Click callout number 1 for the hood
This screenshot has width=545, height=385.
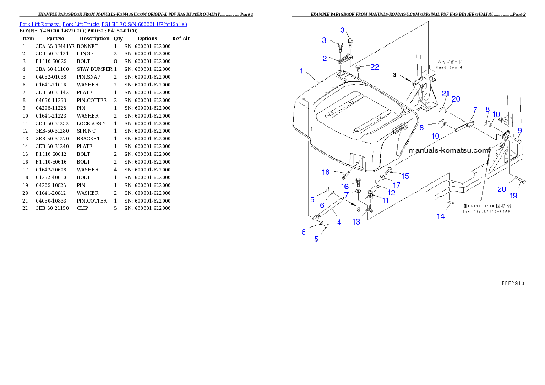pyautogui.click(x=301, y=70)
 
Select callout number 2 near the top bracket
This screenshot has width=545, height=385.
pyautogui.click(x=324, y=59)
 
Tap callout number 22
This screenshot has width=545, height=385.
pyautogui.click(x=375, y=67)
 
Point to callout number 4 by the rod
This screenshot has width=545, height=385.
pyautogui.click(x=339, y=223)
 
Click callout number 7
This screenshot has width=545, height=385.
pyautogui.click(x=475, y=110)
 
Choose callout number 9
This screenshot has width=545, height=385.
pyautogui.click(x=519, y=130)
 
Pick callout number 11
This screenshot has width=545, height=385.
pyautogui.click(x=386, y=200)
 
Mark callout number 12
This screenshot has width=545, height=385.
pyautogui.click(x=391, y=192)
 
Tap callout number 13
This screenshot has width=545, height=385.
pyautogui.click(x=356, y=222)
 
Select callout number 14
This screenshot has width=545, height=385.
pyautogui.click(x=440, y=216)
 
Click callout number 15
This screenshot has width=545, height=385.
pyautogui.click(x=405, y=176)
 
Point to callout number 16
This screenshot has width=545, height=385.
pyautogui.click(x=344, y=187)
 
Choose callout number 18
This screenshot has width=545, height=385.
pyautogui.click(x=326, y=172)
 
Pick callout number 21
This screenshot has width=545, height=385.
pyautogui.click(x=446, y=93)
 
